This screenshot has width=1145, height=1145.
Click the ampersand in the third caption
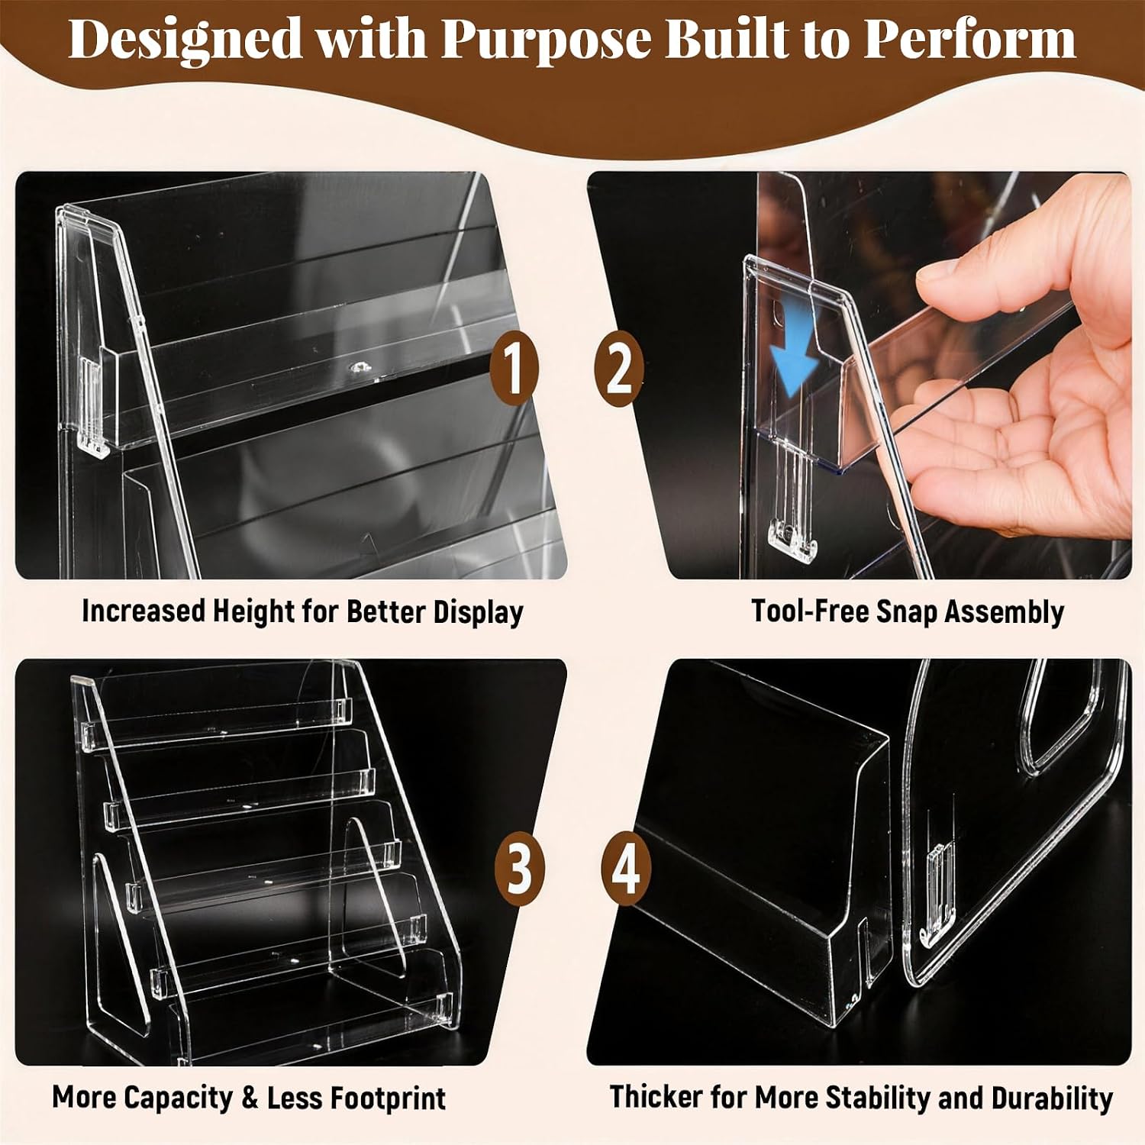[250, 1098]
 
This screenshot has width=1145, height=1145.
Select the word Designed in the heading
[185, 38]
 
